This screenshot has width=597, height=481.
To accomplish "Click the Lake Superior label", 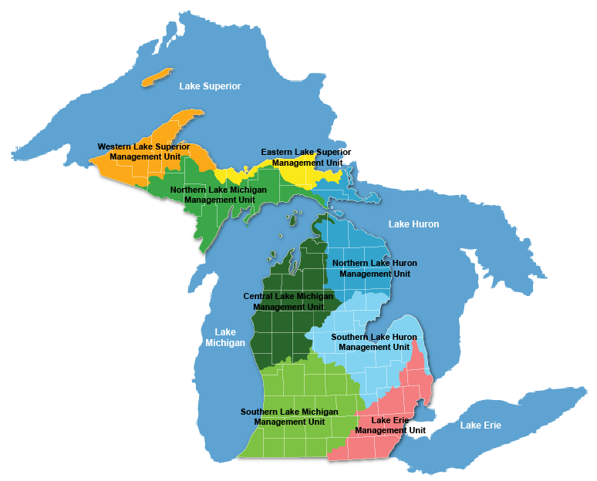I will tap(210, 86).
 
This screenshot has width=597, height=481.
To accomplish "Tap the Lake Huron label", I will tap(413, 224).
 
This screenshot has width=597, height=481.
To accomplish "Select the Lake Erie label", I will tap(481, 425).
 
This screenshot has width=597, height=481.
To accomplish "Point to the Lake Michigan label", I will tap(224, 338).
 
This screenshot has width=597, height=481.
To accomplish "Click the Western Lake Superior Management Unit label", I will tap(143, 151).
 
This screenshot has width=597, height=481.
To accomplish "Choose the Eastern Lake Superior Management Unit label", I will tap(306, 157).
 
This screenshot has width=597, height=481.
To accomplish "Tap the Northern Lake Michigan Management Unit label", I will tap(218, 194).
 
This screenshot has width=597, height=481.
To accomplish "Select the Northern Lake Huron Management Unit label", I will tap(375, 268).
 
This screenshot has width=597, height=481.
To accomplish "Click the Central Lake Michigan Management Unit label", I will tap(288, 301).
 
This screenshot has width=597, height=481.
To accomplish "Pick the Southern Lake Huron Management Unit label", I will tap(374, 342).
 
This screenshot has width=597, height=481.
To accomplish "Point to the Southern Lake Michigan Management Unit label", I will tap(289, 417).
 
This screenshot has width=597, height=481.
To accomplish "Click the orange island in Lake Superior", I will tap(157, 76).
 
